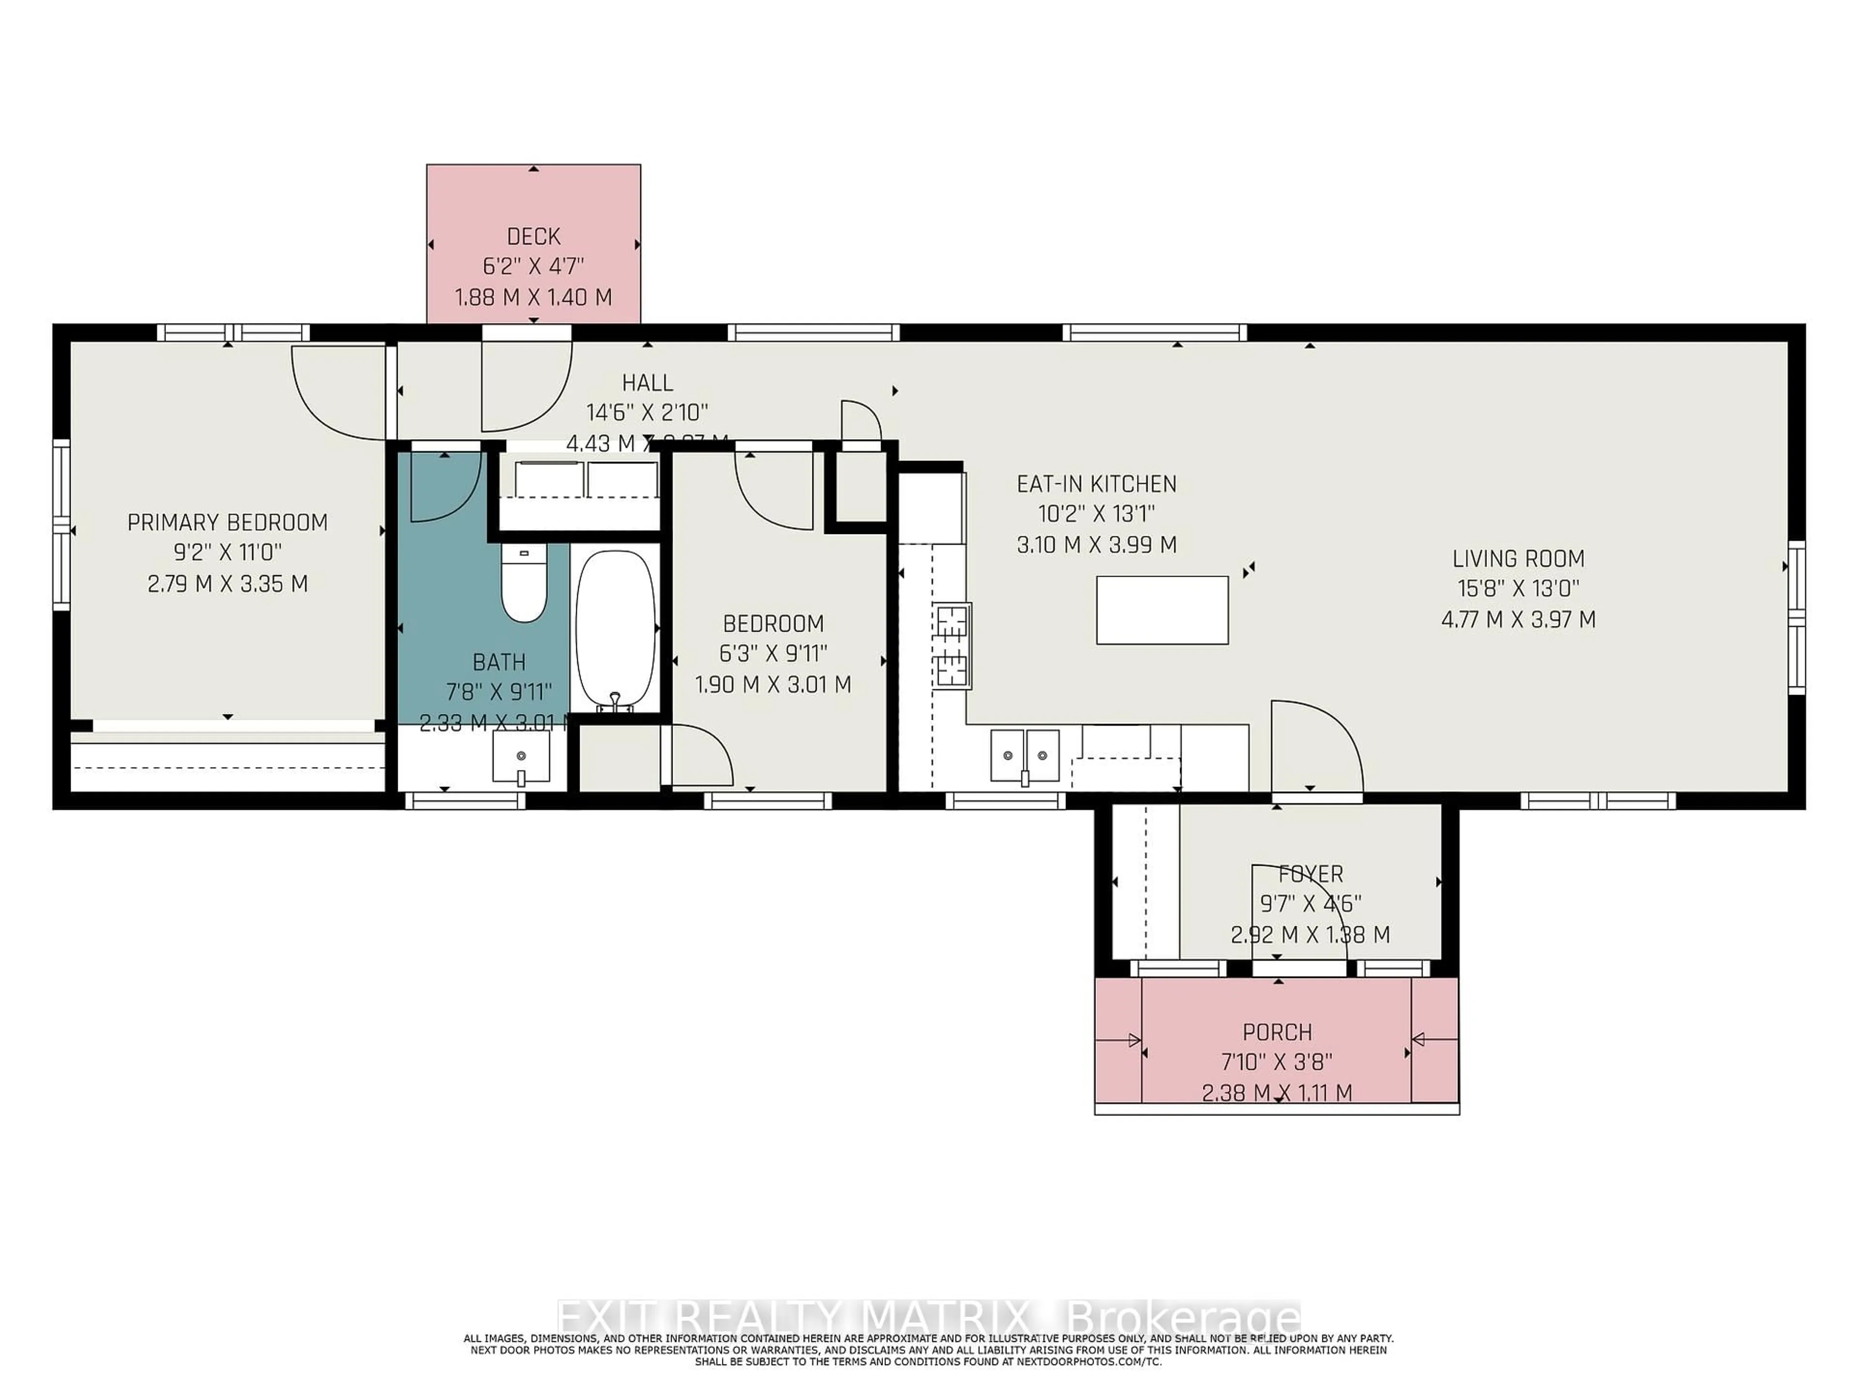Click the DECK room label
[x=533, y=237]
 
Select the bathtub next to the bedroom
[x=615, y=630]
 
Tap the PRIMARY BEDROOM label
[x=227, y=522]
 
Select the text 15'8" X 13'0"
[x=1518, y=589]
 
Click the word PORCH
[x=1277, y=1032]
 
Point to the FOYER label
[x=1310, y=874]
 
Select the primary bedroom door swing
[x=336, y=395]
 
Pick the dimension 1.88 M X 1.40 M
[x=533, y=297]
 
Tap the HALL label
[x=647, y=383]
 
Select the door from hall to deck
[x=525, y=386]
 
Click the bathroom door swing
[x=444, y=487]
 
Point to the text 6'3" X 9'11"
[x=773, y=653]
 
